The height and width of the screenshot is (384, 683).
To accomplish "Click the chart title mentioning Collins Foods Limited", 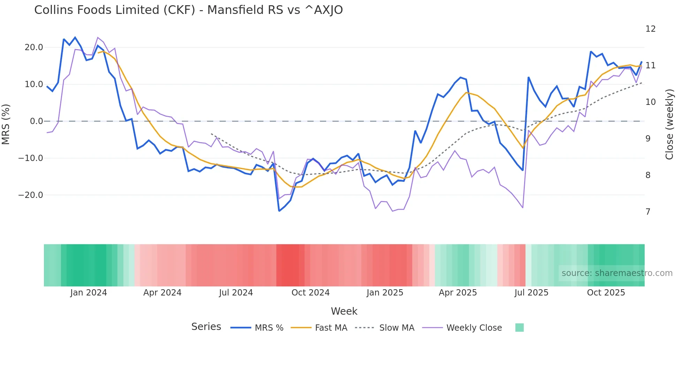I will [188, 10].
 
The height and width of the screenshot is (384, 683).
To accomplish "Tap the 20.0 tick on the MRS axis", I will [34, 47].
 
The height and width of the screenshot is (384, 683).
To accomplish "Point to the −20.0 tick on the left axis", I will [31, 195].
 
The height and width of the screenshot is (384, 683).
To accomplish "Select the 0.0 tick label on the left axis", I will [36, 121].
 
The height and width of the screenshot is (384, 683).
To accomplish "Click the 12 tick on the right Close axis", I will [650, 29].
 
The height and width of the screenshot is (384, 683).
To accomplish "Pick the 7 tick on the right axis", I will [648, 212].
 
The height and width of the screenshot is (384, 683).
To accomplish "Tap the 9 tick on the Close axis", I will [648, 139].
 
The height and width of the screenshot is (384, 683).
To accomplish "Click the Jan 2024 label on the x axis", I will [89, 293].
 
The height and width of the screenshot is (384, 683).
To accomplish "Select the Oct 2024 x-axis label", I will [310, 293].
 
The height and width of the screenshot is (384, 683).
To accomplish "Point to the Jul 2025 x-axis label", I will [531, 293].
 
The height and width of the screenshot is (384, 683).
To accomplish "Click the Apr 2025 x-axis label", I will [458, 293].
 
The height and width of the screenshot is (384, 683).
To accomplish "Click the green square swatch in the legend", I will [519, 328].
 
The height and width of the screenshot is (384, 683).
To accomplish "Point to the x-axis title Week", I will [344, 311].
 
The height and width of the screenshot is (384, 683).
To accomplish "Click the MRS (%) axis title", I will [6, 124].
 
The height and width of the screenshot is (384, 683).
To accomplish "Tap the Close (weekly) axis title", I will [669, 124].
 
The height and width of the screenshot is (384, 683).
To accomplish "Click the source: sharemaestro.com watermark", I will [617, 273].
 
